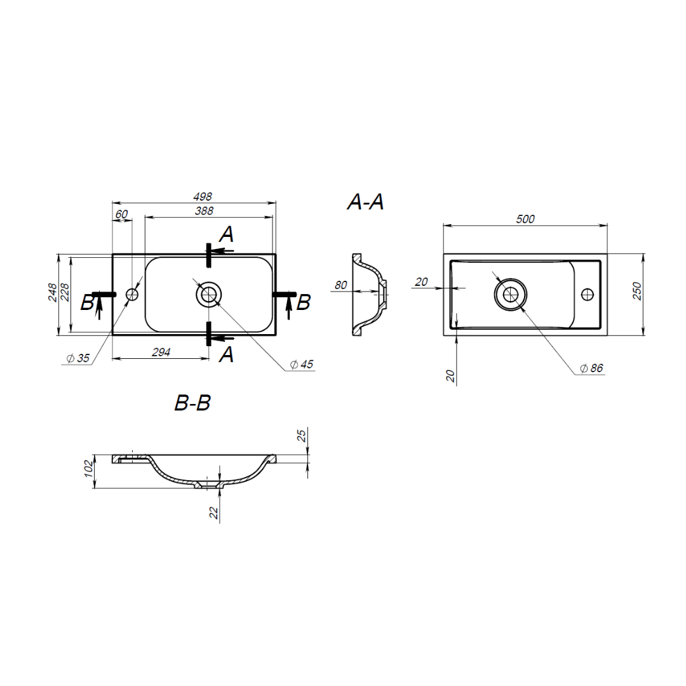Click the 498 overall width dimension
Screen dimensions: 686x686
(203, 197)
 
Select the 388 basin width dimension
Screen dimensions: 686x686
(205, 211)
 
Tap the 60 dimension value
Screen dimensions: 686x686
(121, 214)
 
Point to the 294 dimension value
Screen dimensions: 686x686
(161, 352)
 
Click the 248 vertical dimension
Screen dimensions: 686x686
(52, 292)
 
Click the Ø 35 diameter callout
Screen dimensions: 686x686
(78, 358)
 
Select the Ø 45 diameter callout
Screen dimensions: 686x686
(302, 365)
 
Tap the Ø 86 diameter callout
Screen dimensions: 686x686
(591, 368)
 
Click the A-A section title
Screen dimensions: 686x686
(365, 202)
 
